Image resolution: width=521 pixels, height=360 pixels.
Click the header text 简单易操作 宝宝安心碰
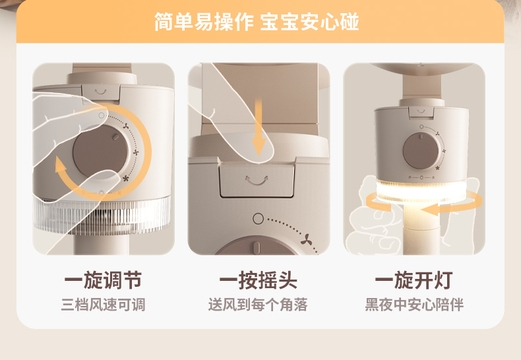coord(256,22)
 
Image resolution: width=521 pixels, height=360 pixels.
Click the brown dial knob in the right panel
coord(421,151)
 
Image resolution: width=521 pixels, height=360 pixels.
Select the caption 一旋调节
coord(103,280)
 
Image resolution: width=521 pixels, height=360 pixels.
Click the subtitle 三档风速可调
coord(103,305)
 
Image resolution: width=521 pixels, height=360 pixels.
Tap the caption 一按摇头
coord(258,280)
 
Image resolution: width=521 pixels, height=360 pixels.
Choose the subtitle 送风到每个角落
coord(258,305)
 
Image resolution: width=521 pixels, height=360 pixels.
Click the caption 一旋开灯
coord(414,280)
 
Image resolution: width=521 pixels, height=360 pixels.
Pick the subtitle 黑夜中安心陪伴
coord(414,305)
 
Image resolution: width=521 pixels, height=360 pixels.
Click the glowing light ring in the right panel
coord(421,192)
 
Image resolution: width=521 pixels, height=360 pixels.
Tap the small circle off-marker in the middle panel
coord(258,218)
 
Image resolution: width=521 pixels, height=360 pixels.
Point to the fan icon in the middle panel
coord(307,239)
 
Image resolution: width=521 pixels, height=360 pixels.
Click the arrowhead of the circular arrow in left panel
coord(60,164)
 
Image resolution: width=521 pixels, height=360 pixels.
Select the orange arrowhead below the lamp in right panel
coord(429,210)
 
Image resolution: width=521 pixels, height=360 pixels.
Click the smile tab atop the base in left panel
coord(101,92)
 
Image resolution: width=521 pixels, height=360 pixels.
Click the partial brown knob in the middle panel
coord(256,245)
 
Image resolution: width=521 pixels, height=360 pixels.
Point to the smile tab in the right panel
coord(421,111)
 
